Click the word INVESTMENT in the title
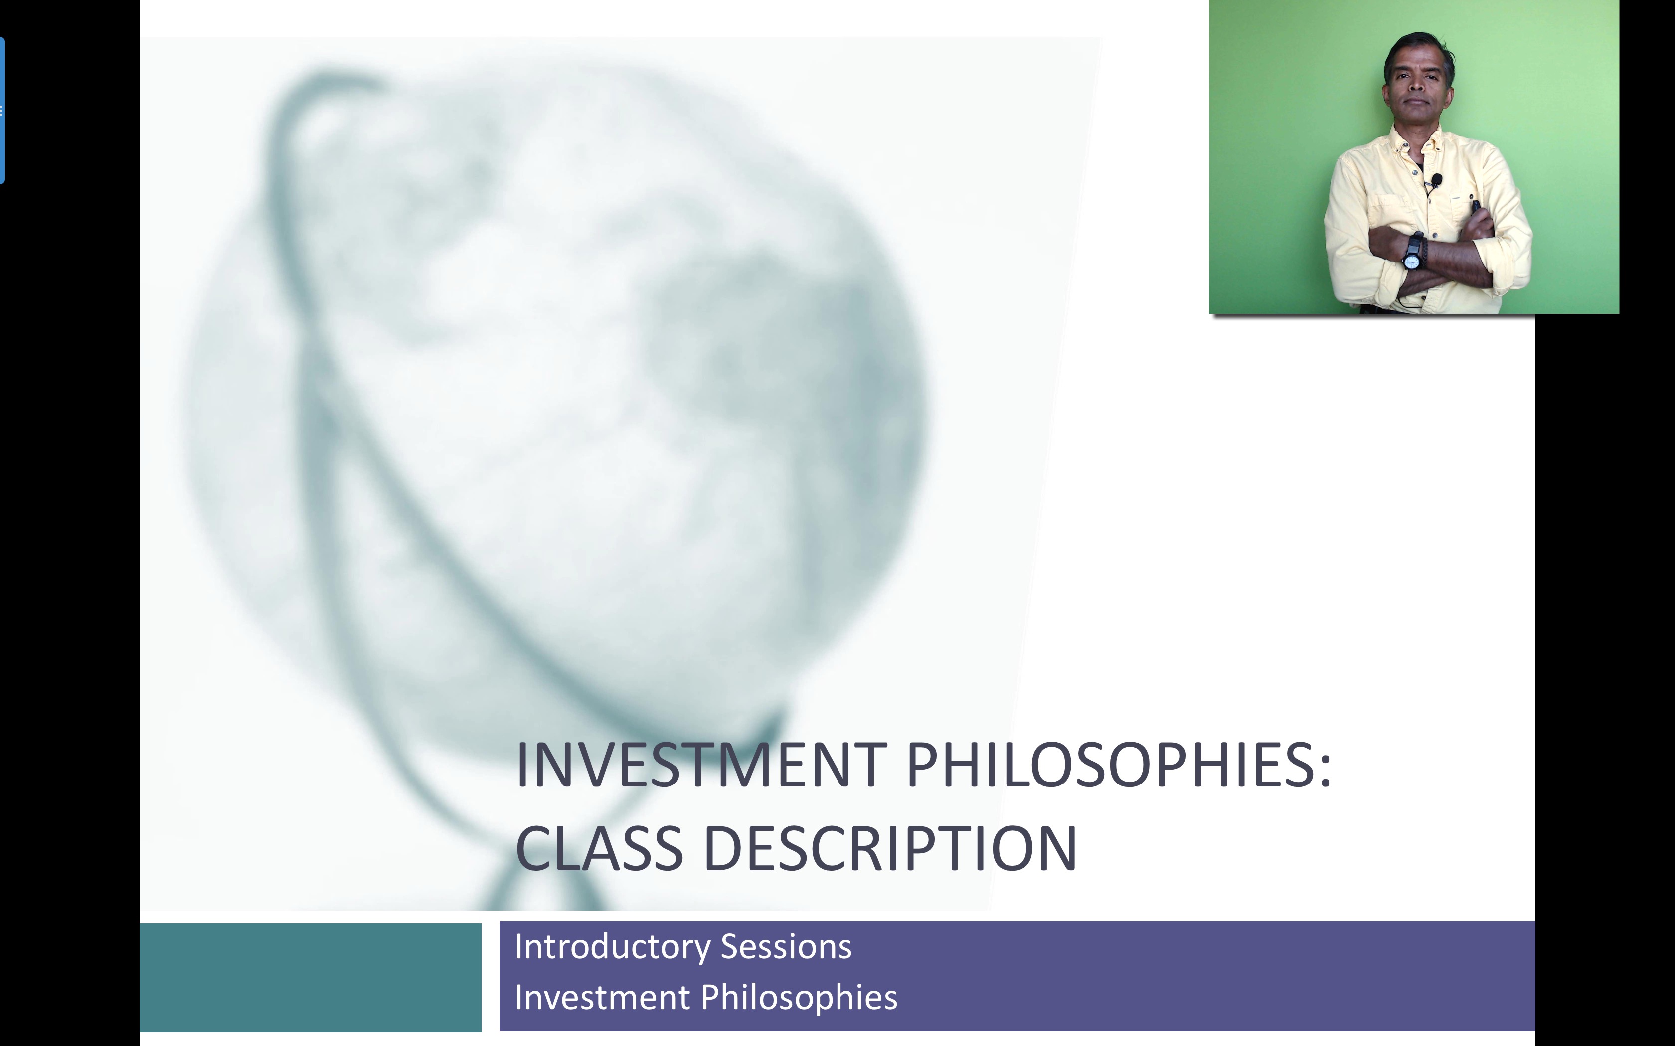[701, 765]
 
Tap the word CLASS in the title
[599, 848]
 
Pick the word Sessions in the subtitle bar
[786, 946]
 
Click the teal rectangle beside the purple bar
[310, 977]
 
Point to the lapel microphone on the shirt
[1436, 181]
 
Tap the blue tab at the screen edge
[2, 111]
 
